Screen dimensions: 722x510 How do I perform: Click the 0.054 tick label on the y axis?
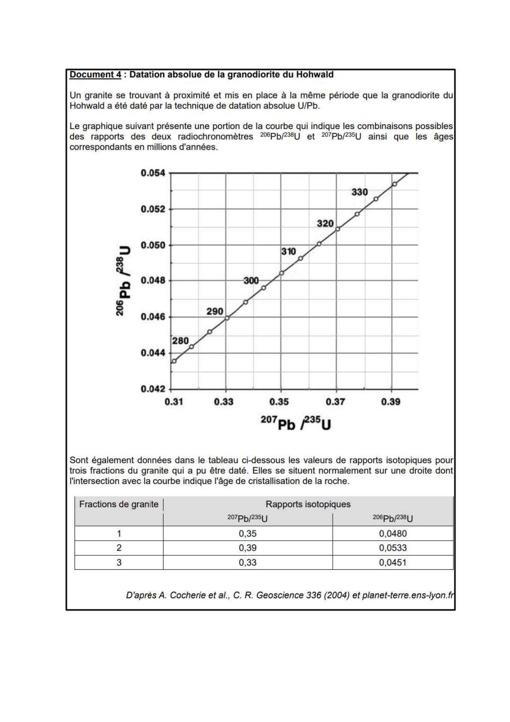tap(152, 173)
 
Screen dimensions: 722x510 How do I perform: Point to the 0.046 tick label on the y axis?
tap(152, 317)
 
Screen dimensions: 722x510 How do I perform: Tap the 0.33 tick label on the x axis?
tap(224, 402)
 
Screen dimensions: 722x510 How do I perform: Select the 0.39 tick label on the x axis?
tap(391, 402)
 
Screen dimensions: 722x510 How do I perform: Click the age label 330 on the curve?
tap(360, 192)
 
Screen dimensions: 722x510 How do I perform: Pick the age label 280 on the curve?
tap(180, 341)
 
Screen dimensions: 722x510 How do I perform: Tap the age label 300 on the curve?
tap(251, 280)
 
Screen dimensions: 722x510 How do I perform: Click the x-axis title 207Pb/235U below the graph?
tap(296, 424)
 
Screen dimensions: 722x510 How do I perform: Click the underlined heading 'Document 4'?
tap(95, 75)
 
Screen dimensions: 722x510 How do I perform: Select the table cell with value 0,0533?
tap(393, 548)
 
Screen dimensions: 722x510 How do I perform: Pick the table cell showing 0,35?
tap(248, 534)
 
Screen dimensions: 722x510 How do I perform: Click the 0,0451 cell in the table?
tap(393, 563)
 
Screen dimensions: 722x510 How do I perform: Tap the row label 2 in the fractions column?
tap(119, 548)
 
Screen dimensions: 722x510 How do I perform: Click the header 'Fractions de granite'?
tap(119, 504)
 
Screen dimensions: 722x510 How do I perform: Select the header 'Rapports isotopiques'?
tap(308, 504)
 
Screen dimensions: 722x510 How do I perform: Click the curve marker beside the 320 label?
tap(337, 229)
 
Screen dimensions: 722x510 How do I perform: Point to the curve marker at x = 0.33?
tap(227, 318)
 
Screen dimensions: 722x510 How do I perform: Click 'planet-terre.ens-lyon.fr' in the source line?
tap(408, 596)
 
